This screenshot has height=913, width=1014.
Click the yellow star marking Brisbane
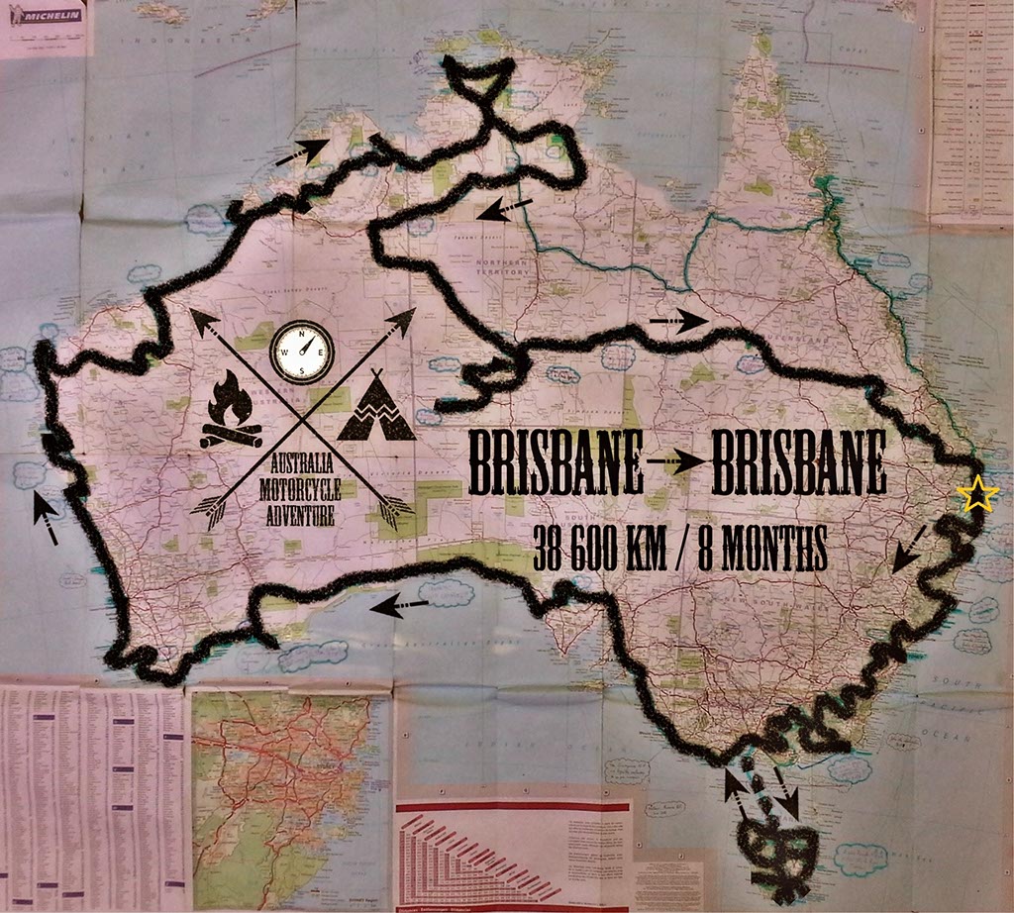point(977,494)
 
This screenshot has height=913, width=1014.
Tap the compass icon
point(302,352)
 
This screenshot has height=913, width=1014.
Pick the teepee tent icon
point(375,409)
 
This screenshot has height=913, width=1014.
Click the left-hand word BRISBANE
point(556,463)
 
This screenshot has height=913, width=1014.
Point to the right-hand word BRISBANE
point(800,463)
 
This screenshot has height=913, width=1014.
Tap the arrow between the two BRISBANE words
point(677,464)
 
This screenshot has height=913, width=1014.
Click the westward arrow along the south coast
point(400,604)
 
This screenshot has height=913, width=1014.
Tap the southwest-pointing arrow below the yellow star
point(910,549)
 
